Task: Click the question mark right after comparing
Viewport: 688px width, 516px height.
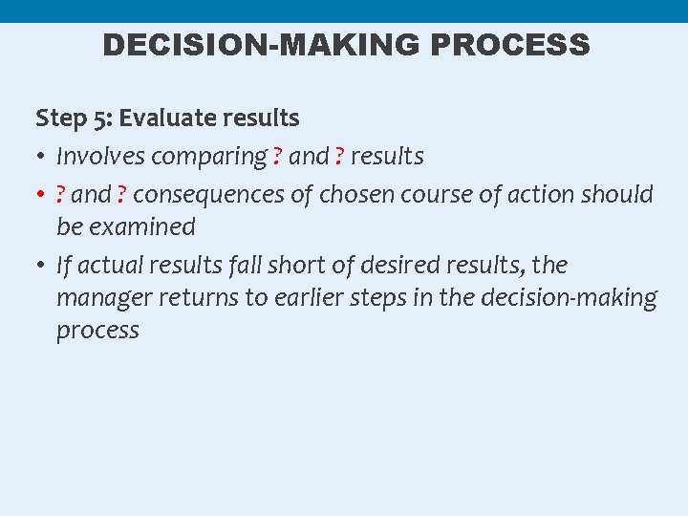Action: tap(278, 156)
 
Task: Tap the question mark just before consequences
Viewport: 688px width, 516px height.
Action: tap(122, 195)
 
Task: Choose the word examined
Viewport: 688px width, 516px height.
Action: tap(142, 227)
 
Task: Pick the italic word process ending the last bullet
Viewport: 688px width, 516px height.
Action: tap(97, 331)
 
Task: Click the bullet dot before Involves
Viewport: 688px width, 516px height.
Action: tap(43, 157)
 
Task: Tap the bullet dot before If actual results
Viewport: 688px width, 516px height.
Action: tap(43, 266)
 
